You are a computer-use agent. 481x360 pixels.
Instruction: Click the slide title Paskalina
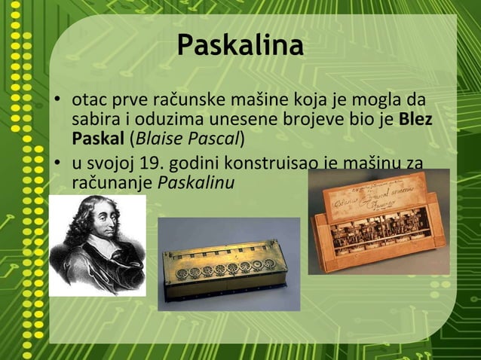(240, 46)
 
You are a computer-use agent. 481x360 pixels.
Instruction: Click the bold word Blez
(415, 119)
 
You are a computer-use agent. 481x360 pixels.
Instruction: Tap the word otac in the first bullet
(89, 100)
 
